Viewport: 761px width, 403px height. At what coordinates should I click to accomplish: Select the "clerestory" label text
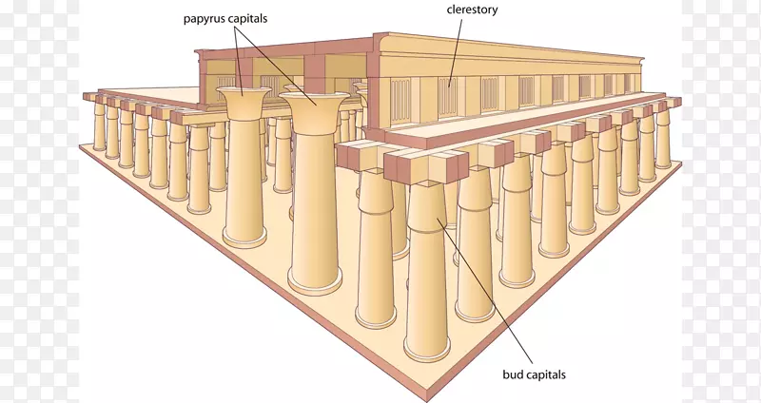pyautogui.click(x=471, y=10)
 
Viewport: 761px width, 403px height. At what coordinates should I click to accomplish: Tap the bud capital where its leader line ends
pyautogui.click(x=437, y=221)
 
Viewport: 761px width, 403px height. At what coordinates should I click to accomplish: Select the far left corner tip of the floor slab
pyautogui.click(x=82, y=144)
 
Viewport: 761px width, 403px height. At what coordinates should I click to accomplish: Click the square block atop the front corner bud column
pyautogui.click(x=420, y=169)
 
